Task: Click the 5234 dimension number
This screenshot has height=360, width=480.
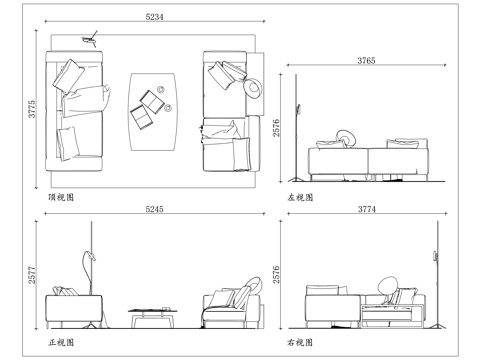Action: tap(155, 18)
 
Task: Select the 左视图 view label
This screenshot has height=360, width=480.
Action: tap(300, 197)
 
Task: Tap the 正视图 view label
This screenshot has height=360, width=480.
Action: tap(62, 342)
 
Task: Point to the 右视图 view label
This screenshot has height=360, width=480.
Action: tap(300, 342)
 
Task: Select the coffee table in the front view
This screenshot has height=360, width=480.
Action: tap(152, 316)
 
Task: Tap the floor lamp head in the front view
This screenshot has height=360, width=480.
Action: tap(89, 257)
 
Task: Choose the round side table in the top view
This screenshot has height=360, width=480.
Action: tap(254, 88)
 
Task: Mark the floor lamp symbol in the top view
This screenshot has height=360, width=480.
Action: tap(92, 38)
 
